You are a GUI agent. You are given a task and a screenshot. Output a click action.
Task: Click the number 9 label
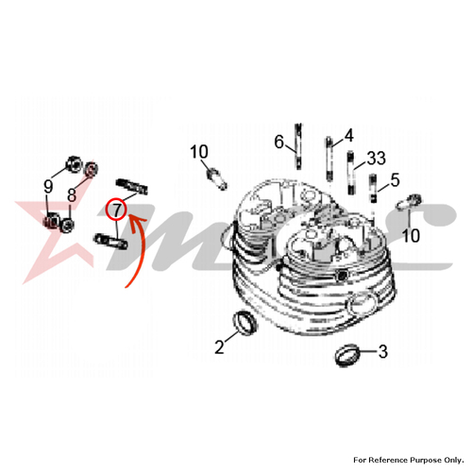pos(48,187)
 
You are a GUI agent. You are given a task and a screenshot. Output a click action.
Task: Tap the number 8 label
pos(72,195)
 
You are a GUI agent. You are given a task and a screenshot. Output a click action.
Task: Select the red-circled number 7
pos(116,210)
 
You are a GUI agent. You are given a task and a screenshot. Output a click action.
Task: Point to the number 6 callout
pos(279,142)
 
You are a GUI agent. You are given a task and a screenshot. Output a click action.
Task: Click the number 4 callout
pos(348,136)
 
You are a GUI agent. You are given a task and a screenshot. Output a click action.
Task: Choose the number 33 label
pos(377,159)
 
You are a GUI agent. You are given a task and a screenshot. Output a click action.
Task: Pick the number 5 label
pos(395,180)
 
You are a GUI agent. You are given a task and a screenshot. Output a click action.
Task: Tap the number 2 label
pos(219,347)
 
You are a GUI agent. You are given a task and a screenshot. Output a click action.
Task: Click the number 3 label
pos(382,351)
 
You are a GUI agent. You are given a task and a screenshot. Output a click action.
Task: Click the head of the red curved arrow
pos(135,222)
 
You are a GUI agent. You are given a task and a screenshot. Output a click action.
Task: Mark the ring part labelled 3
pos(347,355)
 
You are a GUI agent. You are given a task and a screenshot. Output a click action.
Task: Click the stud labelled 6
pos(298,146)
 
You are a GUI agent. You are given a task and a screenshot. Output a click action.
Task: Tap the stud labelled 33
pos(350,173)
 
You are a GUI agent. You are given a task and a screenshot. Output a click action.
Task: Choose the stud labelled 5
pos(373,189)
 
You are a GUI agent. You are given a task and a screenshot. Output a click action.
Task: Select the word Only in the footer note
pos(454,461)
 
